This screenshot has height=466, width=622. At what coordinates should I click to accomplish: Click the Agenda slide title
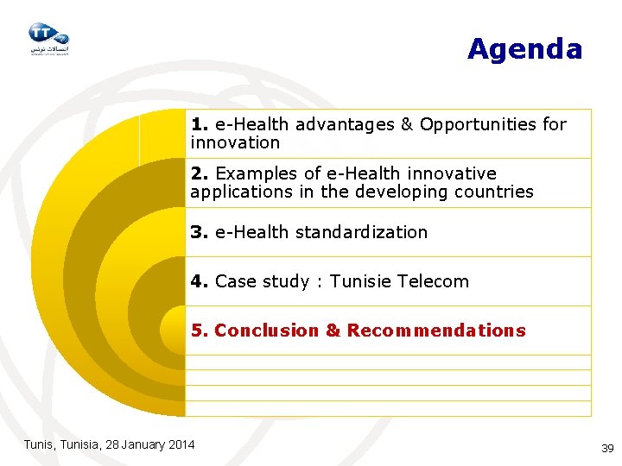(x=524, y=49)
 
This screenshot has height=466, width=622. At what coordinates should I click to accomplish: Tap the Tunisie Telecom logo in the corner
(x=48, y=38)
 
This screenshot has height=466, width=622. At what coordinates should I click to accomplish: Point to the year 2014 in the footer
(x=181, y=444)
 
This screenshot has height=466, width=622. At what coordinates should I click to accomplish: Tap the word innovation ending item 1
(x=235, y=142)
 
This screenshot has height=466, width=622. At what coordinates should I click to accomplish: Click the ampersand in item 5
(x=333, y=331)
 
